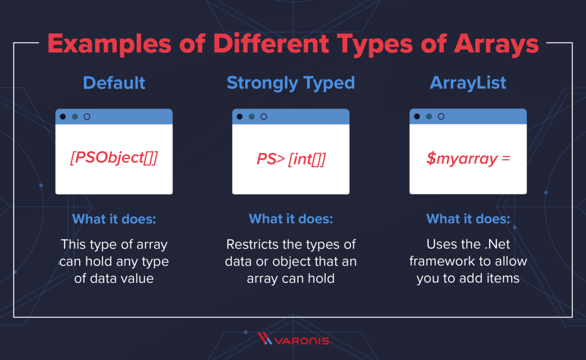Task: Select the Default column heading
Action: [x=114, y=83]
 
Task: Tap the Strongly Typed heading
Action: [x=291, y=83]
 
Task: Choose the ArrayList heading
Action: [x=468, y=83]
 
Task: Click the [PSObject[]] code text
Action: [x=114, y=159]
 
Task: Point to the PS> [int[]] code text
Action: [x=291, y=159]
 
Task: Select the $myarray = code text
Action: [x=468, y=159]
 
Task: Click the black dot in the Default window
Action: [x=63, y=117]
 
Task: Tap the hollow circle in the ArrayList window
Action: [x=441, y=117]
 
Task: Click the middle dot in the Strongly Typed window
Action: [x=251, y=117]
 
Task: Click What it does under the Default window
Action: [x=114, y=219]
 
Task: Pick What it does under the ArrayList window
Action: [x=468, y=219]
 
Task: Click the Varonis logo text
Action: [x=302, y=340]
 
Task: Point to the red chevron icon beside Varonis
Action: [x=265, y=339]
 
